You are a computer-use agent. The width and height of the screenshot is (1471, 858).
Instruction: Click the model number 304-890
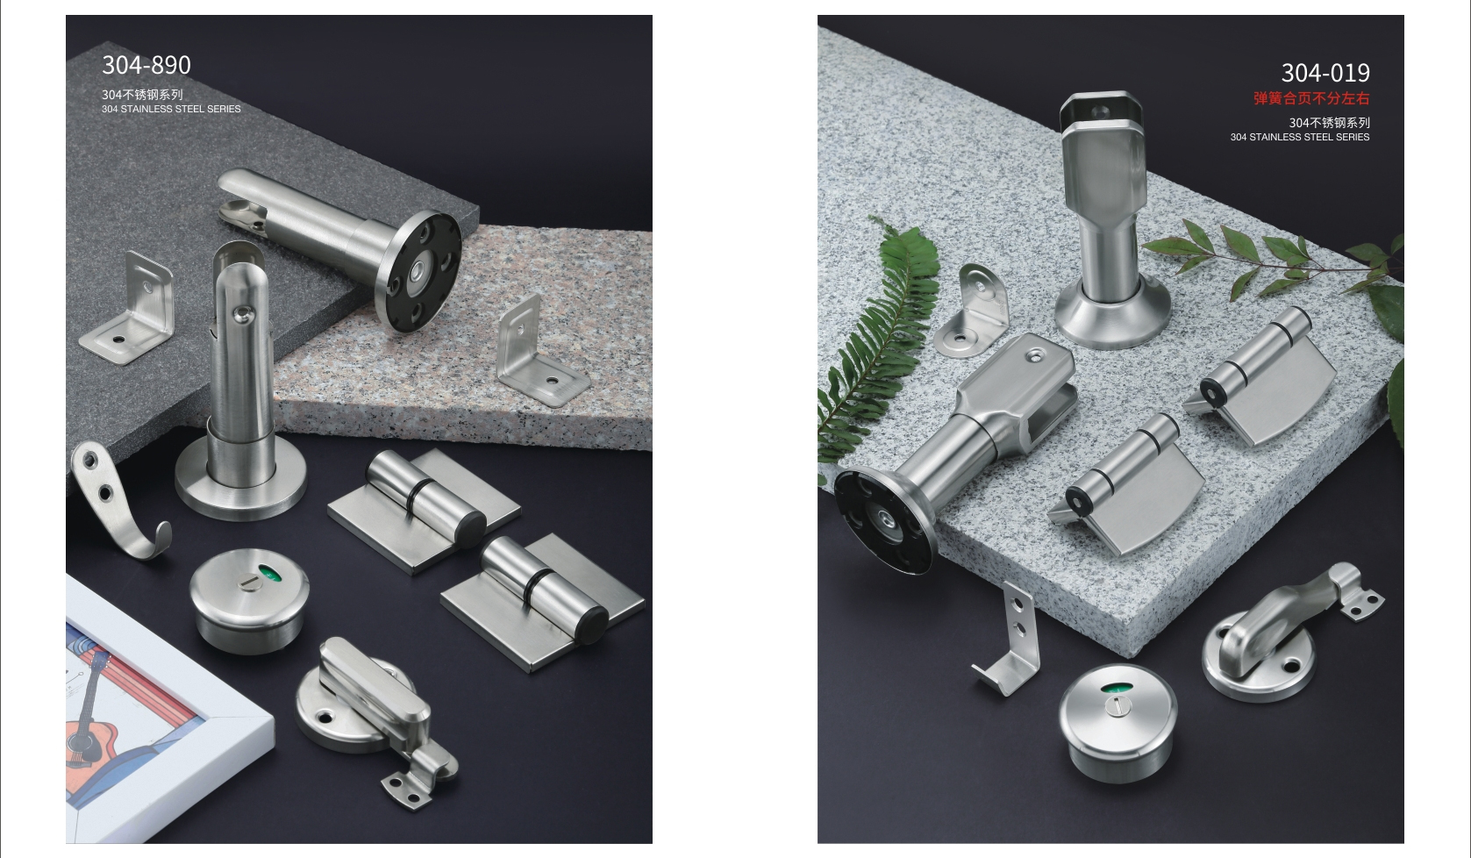pos(146,66)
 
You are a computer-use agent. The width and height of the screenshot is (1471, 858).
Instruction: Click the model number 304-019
pos(1325,73)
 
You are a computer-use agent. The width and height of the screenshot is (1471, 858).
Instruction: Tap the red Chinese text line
pos(1311,98)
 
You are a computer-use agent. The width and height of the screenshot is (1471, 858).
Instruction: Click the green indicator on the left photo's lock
pos(270,574)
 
